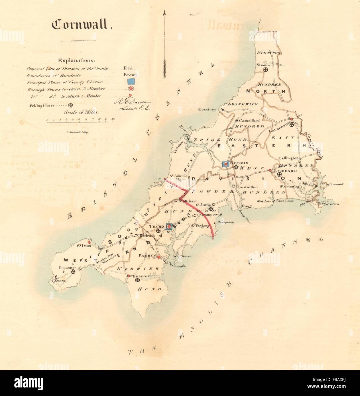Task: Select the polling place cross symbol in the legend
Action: pyautogui.click(x=70, y=105)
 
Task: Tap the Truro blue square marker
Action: pyautogui.click(x=169, y=226)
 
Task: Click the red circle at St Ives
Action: pyautogui.click(x=89, y=239)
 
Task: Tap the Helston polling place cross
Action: pyautogui.click(x=137, y=281)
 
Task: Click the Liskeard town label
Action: pyautogui.click(x=286, y=171)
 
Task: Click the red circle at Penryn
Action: pyautogui.click(x=159, y=257)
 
